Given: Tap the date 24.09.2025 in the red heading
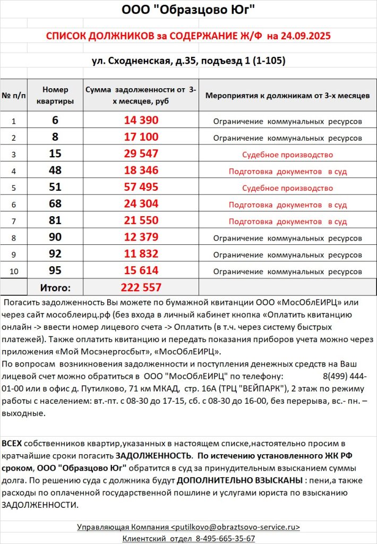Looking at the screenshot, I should [x=307, y=36].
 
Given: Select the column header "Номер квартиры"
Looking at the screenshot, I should [x=55, y=96].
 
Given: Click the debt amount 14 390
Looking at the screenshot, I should [x=141, y=121].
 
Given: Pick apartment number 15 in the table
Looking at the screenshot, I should [x=55, y=154].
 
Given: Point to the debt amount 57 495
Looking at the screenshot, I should [x=141, y=188].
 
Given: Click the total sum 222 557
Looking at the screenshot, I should [x=141, y=287].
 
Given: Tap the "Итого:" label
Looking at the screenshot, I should [x=55, y=288].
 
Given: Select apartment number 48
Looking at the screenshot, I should [x=55, y=171].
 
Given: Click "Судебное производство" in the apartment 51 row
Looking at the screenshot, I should [x=287, y=188].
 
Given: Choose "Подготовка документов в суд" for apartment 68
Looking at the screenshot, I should [x=287, y=205].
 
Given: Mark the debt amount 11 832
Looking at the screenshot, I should [x=141, y=254].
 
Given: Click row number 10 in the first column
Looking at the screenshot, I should [x=14, y=271].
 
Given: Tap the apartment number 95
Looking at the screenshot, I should [x=55, y=270].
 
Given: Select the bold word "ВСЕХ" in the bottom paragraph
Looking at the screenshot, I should [x=12, y=443].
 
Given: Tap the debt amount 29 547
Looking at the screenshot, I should [x=141, y=154].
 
